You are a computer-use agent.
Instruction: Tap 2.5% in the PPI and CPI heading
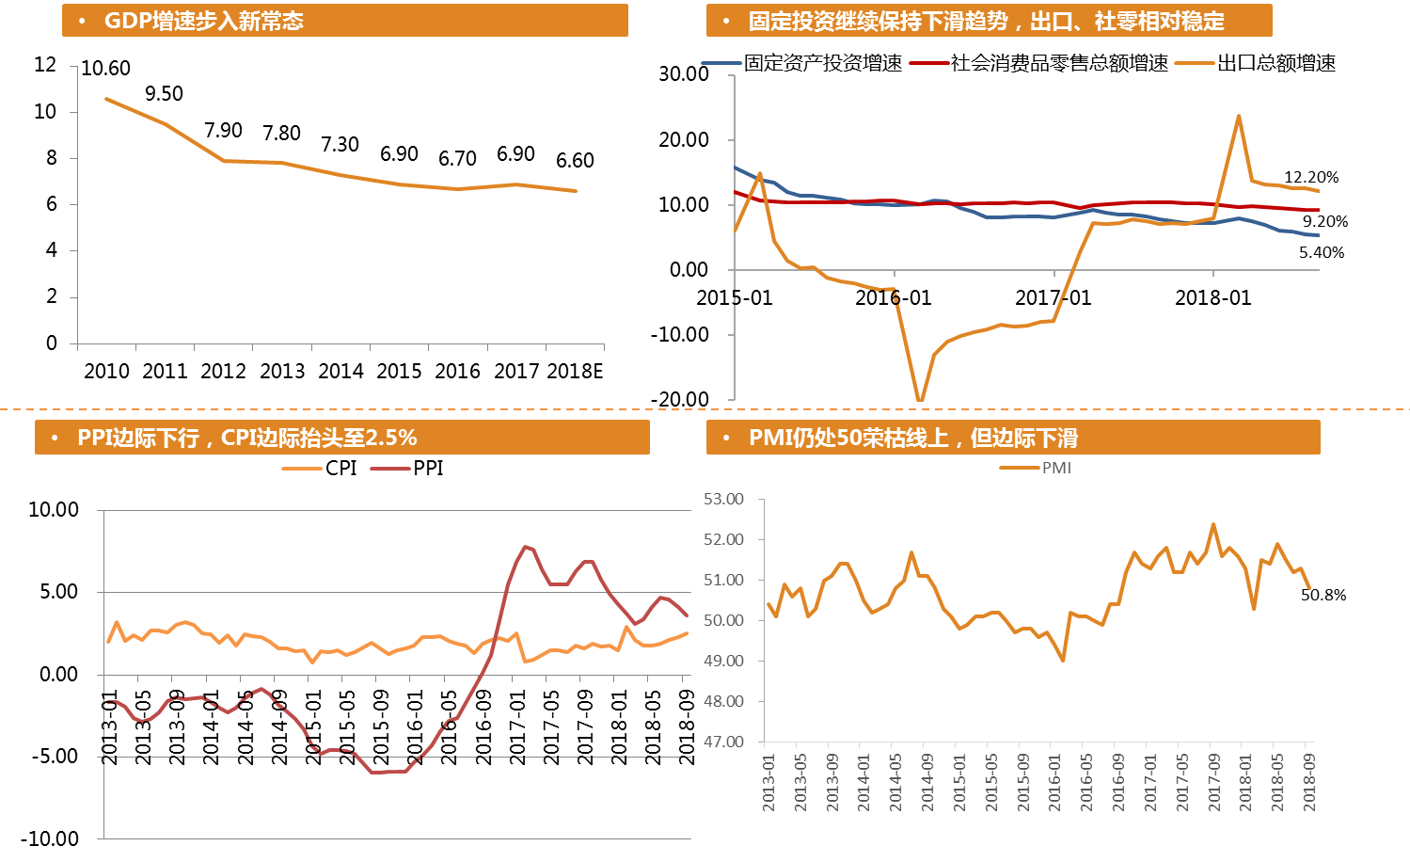coord(390,438)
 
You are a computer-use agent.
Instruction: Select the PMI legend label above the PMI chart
coord(1056,468)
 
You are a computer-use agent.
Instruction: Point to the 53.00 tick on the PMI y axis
coord(723,499)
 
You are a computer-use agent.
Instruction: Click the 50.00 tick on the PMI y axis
coord(723,620)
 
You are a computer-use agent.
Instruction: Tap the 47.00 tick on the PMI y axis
coord(723,742)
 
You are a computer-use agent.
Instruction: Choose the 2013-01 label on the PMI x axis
coord(769,781)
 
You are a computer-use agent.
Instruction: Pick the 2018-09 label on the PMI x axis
coord(1308,781)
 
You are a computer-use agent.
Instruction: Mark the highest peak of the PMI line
coord(1213,524)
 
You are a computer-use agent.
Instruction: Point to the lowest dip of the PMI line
coord(1063,660)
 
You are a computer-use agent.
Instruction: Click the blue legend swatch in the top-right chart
coord(721,63)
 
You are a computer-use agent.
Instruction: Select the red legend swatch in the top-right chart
coord(928,63)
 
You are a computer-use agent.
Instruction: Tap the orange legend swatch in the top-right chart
coord(1194,63)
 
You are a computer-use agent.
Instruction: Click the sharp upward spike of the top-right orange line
coord(1239,116)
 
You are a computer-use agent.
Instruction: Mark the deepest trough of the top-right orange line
coord(920,400)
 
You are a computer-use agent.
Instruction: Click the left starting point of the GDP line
coord(106,98)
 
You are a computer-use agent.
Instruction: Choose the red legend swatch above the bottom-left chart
coord(390,469)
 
